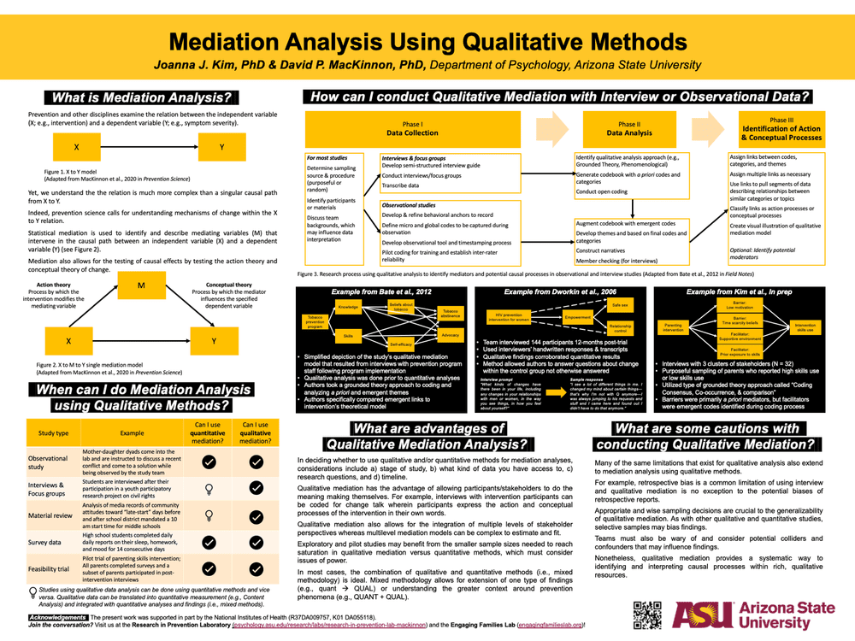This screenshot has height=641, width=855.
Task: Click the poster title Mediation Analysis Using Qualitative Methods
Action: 427,42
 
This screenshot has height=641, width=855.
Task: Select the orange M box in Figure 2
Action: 142,285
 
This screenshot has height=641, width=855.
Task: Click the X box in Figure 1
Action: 76,148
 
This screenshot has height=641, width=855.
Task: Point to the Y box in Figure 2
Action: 213,341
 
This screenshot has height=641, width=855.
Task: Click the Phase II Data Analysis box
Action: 628,129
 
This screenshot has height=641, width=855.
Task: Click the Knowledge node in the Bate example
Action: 348,308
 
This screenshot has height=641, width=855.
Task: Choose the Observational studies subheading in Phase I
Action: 408,205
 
